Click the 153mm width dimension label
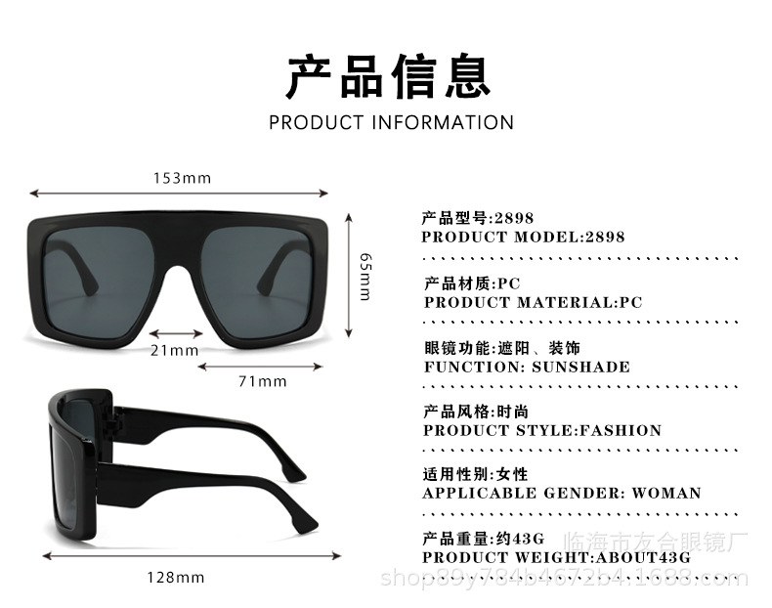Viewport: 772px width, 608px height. (x=182, y=178)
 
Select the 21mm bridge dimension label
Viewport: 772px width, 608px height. (x=174, y=350)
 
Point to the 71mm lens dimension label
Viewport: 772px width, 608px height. (x=262, y=381)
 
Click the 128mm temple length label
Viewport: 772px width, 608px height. (x=176, y=577)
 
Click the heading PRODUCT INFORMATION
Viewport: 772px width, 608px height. (x=391, y=122)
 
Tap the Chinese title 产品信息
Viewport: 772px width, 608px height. (x=388, y=77)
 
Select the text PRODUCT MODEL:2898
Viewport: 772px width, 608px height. (x=523, y=237)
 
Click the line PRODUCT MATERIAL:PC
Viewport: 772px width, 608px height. (x=534, y=302)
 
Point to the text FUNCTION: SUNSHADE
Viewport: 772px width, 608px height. (x=527, y=368)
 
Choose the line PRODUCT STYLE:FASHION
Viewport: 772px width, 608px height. (x=542, y=430)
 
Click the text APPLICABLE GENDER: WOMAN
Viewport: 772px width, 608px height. (x=562, y=493)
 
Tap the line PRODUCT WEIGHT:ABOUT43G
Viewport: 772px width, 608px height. (x=557, y=557)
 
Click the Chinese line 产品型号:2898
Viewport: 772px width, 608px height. (x=478, y=218)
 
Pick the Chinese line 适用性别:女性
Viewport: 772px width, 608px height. (x=475, y=474)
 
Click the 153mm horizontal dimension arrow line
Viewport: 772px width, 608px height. (x=182, y=194)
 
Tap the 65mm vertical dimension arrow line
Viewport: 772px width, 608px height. (x=349, y=277)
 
